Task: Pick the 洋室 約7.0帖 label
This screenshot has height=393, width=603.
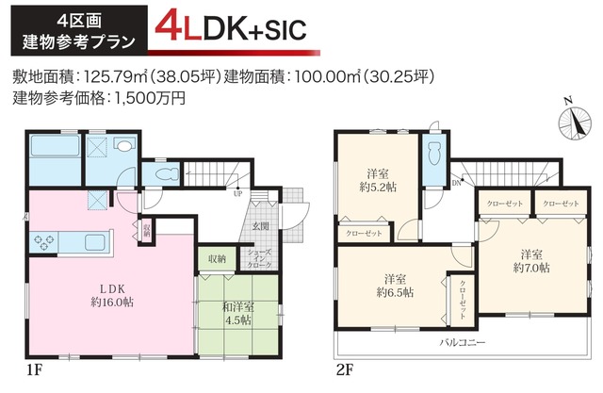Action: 531,261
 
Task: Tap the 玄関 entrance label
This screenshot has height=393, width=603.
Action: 260,226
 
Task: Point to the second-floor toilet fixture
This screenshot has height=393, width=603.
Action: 434,156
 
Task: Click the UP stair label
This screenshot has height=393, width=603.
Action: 236,194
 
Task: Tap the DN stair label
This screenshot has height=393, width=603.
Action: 456,182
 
